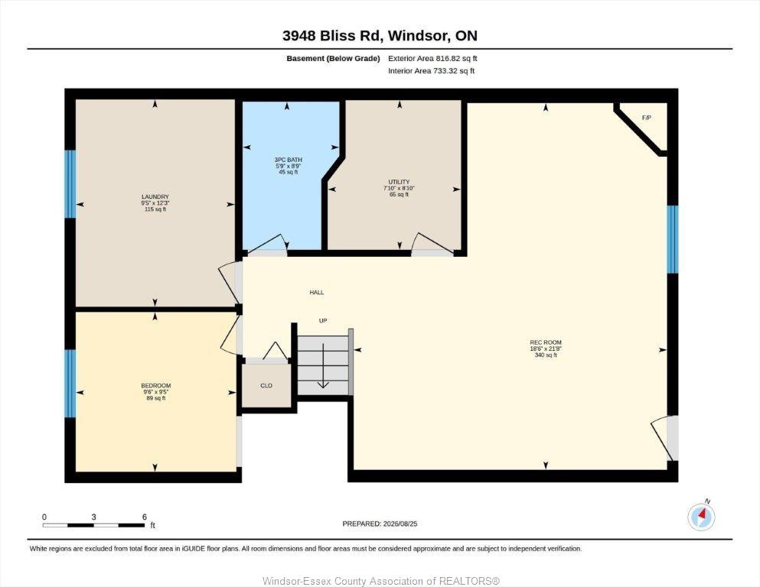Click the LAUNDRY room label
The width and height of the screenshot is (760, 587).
click(155, 197)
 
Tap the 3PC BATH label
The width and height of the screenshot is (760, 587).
click(288, 160)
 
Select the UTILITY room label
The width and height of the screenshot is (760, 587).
click(399, 182)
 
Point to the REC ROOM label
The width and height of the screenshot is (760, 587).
click(546, 342)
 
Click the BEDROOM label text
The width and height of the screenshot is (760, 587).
click(156, 386)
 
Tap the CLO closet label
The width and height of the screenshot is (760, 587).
click(266, 386)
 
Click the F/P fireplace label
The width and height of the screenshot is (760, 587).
click(646, 118)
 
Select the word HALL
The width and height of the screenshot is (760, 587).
click(317, 292)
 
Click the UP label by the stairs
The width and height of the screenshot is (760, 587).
click(323, 320)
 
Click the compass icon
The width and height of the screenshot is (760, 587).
click(701, 517)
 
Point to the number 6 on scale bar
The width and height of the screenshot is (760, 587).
click(145, 517)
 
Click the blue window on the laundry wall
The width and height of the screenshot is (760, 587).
click(70, 184)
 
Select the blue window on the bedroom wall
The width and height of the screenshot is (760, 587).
click(70, 383)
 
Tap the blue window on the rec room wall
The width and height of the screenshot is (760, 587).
click(672, 239)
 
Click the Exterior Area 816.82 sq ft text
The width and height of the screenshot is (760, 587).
click(433, 59)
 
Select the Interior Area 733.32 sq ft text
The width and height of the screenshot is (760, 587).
click(432, 70)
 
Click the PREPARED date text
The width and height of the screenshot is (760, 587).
click(380, 524)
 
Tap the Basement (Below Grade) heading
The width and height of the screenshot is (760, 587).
click(333, 59)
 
